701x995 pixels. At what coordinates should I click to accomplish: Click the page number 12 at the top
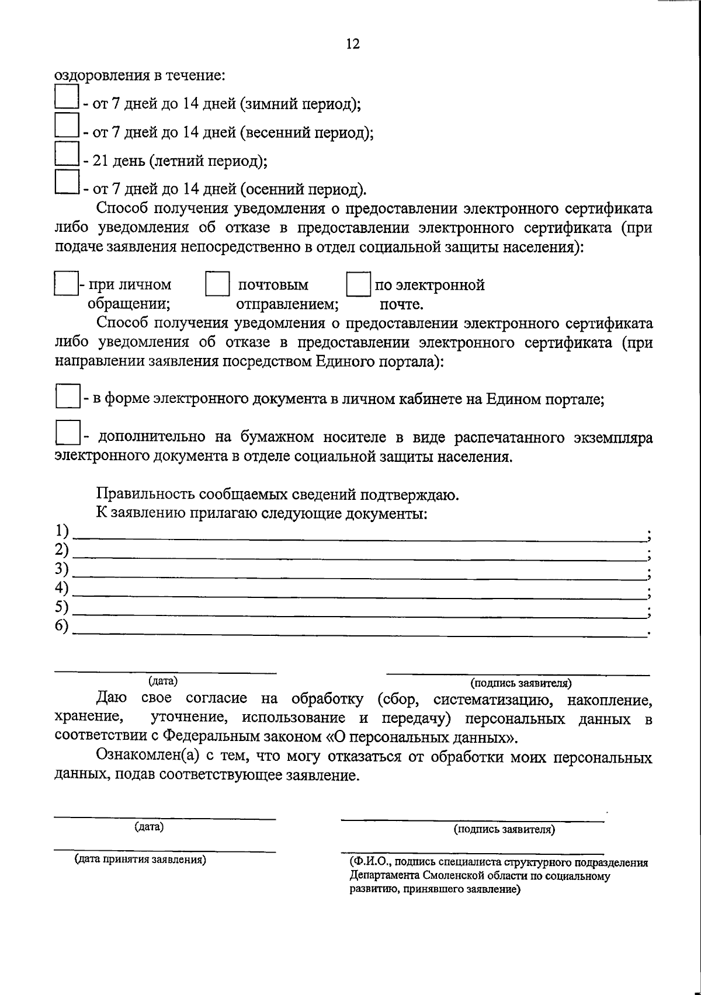(353, 44)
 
